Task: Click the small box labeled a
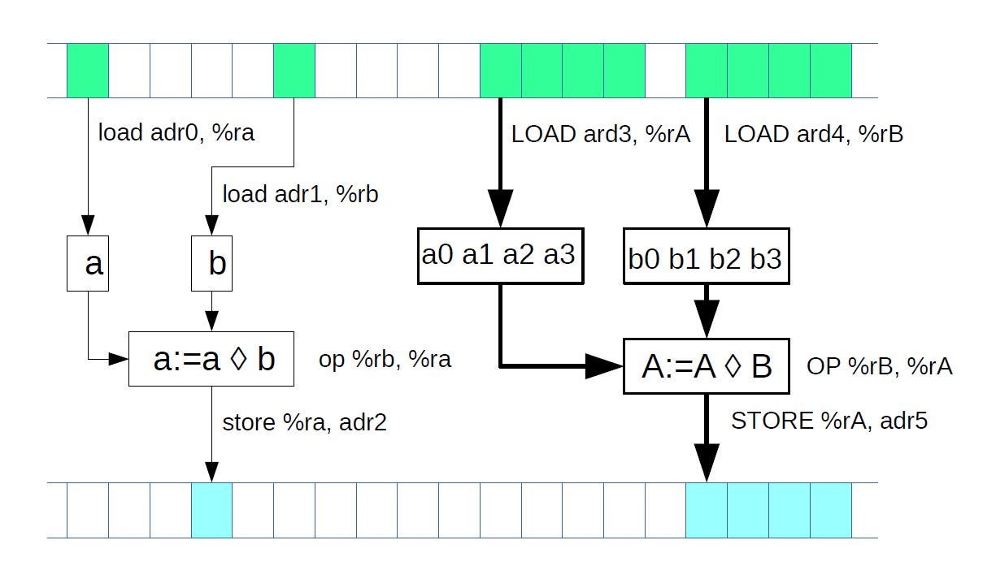(87, 263)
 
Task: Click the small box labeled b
(211, 263)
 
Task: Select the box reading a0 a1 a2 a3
(499, 256)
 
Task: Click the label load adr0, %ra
(176, 132)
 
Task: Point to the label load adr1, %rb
(300, 194)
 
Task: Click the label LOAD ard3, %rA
(601, 135)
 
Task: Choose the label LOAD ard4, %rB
(813, 135)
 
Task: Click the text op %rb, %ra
(385, 359)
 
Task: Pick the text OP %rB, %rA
(879, 366)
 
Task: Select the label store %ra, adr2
(304, 422)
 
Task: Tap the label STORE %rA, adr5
(829, 421)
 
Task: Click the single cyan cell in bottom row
(211, 510)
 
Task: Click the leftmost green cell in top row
(87, 71)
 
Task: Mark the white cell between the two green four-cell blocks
(665, 71)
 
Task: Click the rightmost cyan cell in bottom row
(830, 510)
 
